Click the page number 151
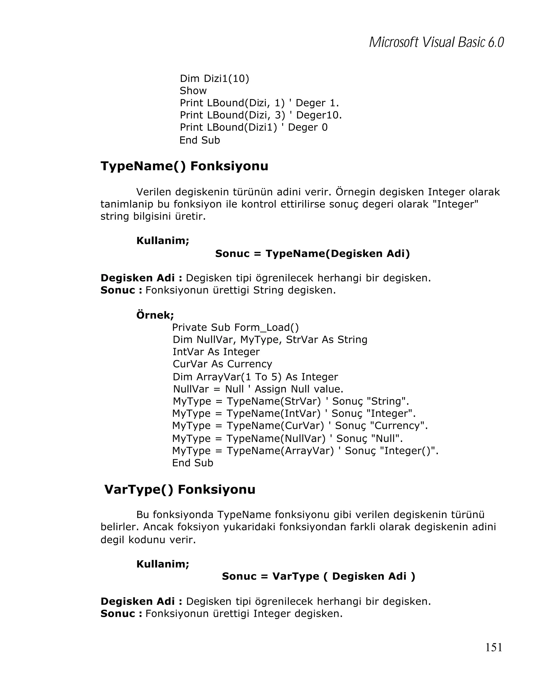(x=494, y=647)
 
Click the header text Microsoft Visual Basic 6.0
(x=436, y=42)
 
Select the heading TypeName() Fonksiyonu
(x=184, y=166)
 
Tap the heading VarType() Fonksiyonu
(x=180, y=489)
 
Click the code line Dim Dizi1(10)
(x=214, y=79)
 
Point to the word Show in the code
(x=193, y=91)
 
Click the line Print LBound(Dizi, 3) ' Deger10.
(x=260, y=115)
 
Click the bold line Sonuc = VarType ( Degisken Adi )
(x=318, y=576)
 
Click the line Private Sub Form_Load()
(x=235, y=327)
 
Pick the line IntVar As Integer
(x=216, y=352)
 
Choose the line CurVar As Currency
(x=222, y=364)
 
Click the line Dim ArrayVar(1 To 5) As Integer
(x=255, y=377)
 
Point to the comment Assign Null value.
(x=299, y=389)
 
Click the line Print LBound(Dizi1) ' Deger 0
(x=253, y=127)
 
